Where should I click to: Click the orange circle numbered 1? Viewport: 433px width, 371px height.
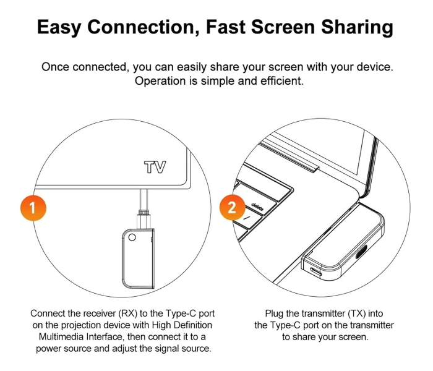point(33,208)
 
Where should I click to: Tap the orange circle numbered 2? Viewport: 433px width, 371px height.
point(232,207)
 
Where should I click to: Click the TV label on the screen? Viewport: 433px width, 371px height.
point(155,167)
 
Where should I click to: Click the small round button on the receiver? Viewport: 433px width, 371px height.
point(132,237)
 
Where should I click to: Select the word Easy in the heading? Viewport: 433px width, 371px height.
point(59,27)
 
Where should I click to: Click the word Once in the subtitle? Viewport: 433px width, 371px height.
point(55,67)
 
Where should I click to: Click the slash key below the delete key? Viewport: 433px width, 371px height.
point(247,218)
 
